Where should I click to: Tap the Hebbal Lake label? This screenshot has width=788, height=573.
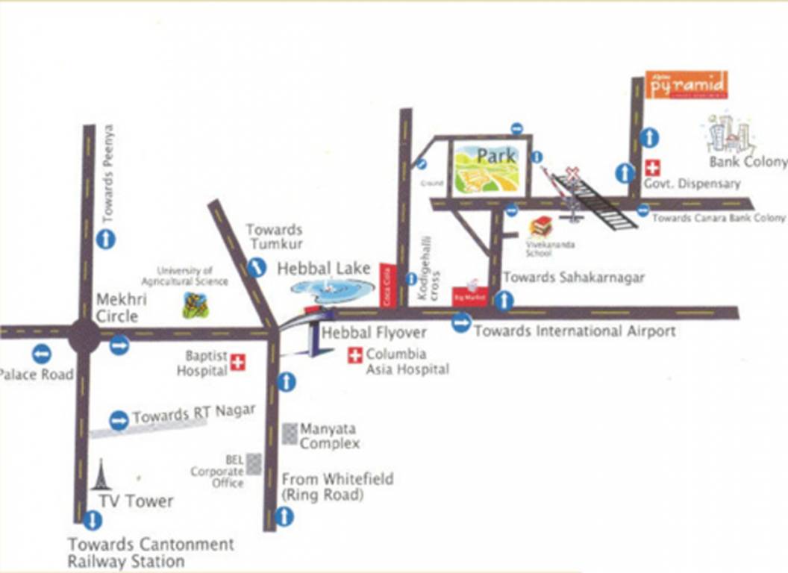(324, 269)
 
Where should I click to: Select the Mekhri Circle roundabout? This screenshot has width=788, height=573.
(84, 336)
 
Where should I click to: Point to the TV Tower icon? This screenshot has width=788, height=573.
(100, 475)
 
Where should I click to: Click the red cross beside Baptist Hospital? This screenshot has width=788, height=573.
(238, 363)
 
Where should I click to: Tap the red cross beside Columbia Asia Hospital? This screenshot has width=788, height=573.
(355, 355)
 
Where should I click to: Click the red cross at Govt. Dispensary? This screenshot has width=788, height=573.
(652, 168)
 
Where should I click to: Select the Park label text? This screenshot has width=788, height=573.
(496, 157)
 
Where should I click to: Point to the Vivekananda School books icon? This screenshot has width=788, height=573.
(540, 227)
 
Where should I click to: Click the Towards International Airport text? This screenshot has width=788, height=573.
(575, 331)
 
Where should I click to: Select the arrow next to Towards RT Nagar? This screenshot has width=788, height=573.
(119, 421)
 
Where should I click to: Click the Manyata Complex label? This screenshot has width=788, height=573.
(329, 436)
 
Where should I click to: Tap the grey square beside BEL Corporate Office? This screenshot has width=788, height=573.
(254, 463)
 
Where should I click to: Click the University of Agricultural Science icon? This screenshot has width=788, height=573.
(196, 304)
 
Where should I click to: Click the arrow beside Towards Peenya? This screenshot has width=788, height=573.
(106, 239)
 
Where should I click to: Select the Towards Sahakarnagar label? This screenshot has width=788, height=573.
(573, 278)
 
